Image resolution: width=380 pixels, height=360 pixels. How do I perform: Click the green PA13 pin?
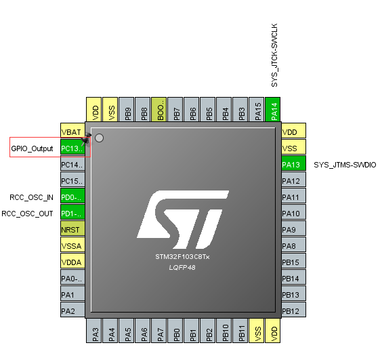click(x=293, y=165)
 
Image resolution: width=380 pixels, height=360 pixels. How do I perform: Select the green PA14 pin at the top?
click(x=274, y=109)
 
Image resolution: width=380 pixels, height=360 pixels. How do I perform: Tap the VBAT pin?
click(x=72, y=132)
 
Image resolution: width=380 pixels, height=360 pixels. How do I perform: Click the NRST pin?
click(x=72, y=229)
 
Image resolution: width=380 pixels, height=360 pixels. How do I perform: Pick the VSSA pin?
click(x=72, y=246)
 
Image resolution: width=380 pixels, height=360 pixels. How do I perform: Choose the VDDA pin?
click(x=72, y=262)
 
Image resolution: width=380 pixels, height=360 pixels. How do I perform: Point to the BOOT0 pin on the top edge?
click(x=159, y=109)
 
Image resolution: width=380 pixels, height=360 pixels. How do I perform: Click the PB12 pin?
click(x=293, y=311)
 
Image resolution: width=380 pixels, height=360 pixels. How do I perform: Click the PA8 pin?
click(x=293, y=246)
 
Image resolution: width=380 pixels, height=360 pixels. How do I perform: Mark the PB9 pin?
click(x=127, y=109)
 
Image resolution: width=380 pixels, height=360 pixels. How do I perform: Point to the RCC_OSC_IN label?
click(x=31, y=197)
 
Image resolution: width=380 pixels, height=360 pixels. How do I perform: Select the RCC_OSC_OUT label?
click(x=28, y=214)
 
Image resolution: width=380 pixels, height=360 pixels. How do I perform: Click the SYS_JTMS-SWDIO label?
click(x=345, y=165)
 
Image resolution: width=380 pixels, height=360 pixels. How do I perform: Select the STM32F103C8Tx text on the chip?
click(x=182, y=258)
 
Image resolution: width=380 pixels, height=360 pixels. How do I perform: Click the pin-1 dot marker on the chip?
click(x=100, y=138)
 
